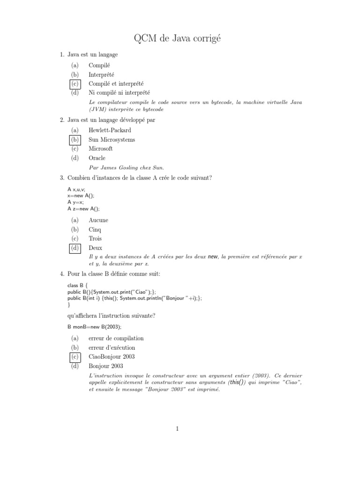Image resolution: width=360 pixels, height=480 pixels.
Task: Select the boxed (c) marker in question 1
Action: point(75,84)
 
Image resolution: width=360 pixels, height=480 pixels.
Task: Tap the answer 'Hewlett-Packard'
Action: point(110,130)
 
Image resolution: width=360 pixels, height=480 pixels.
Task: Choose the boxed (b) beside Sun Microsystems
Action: point(75,140)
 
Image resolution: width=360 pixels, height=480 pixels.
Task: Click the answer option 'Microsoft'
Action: point(101,149)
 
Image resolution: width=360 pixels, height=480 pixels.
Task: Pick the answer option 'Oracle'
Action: point(97,158)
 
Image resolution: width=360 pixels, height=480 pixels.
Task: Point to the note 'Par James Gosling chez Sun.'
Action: point(127,167)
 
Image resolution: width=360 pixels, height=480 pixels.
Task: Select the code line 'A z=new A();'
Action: point(84,209)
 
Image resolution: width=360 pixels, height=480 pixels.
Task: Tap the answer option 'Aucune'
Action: point(98,220)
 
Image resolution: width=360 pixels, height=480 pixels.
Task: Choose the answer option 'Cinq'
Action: point(95,230)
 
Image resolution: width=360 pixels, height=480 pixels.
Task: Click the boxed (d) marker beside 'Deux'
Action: point(75,248)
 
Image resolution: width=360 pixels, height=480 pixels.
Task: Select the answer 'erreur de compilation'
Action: point(116,338)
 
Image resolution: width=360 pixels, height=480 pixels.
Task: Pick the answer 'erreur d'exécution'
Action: point(112,348)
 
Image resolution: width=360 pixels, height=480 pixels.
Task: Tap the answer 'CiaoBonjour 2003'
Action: point(111,357)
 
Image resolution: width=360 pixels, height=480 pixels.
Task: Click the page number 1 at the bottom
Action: point(178,428)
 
